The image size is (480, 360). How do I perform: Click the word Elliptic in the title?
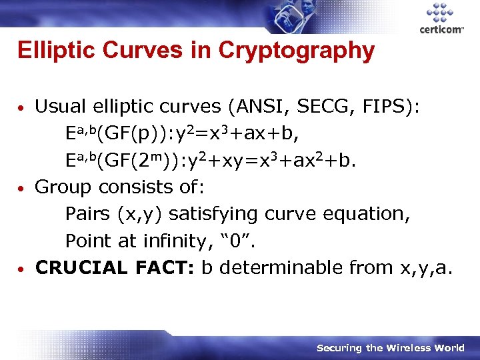[51, 50]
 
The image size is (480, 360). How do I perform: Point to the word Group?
[61, 187]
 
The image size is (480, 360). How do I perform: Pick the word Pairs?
[88, 214]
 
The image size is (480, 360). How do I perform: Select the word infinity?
[177, 241]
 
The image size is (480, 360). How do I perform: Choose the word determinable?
[281, 267]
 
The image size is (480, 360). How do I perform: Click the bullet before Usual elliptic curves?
[23, 108]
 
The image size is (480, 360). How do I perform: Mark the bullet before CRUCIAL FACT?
[23, 269]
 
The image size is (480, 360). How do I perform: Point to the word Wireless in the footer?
[405, 348]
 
